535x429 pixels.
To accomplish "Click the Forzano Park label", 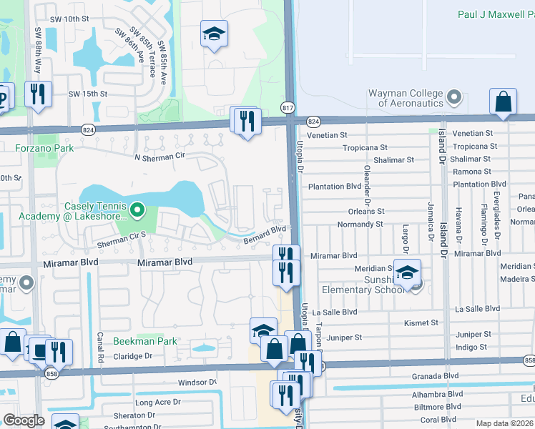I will [44, 149].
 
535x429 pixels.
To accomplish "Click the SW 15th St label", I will [87, 94].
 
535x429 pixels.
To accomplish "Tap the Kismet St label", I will [421, 323].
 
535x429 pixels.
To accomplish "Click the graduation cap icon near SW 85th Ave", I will [213, 34].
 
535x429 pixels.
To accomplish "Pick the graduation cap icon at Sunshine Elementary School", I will [407, 272].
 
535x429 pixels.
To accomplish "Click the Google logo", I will [24, 420].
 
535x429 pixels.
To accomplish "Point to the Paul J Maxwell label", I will [494, 15].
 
